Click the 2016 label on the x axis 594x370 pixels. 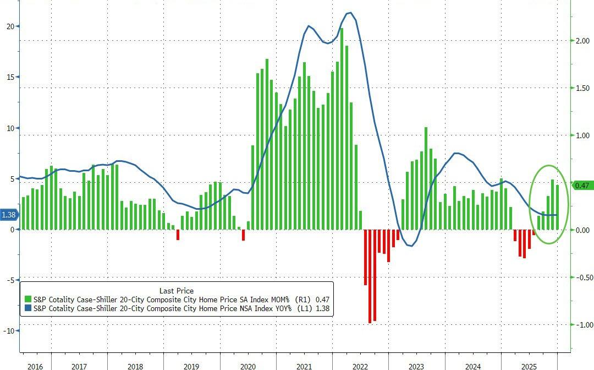[35, 366]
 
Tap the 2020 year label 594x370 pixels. [248, 366]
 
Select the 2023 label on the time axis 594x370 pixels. [416, 366]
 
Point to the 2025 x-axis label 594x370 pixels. [529, 366]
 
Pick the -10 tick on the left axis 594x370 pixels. [8, 330]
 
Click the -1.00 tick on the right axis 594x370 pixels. [582, 325]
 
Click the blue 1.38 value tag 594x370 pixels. [9, 215]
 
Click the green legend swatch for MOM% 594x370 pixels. [28, 299]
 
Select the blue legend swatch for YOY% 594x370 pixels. [28, 309]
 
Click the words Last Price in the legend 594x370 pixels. [176, 290]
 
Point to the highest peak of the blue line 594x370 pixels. [350, 13]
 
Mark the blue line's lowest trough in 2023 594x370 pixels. [410, 246]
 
